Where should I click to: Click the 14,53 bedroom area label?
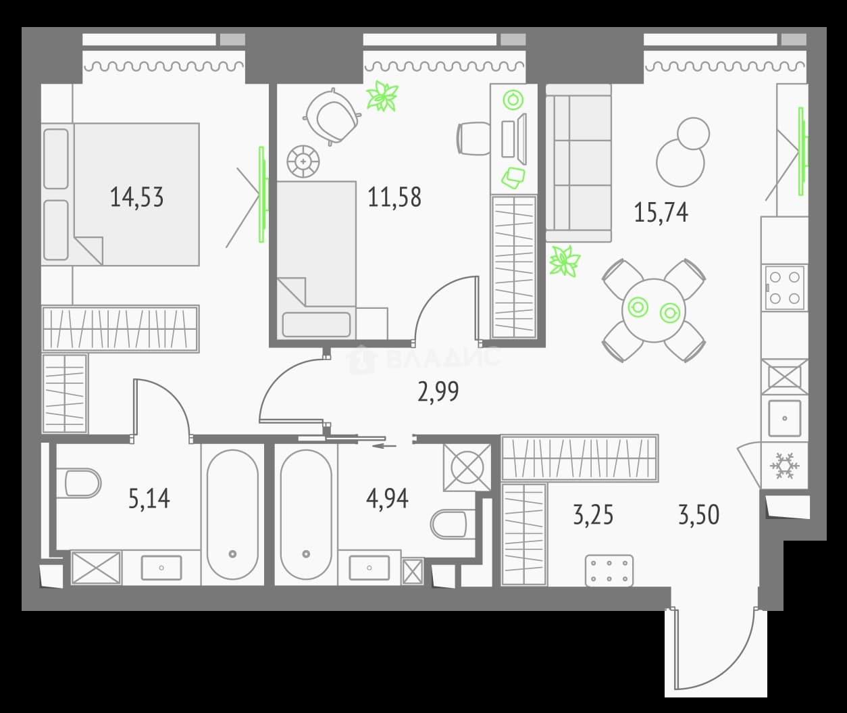pos(136,197)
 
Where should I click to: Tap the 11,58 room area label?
pos(394,197)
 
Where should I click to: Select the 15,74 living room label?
pos(661,212)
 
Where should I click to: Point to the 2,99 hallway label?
pos(438,391)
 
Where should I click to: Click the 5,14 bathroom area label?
pos(149,499)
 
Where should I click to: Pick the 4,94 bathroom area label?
pos(387,499)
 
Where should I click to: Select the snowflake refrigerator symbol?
pos(785,466)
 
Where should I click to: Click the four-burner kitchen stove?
pos(785,288)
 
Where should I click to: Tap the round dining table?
pos(654,310)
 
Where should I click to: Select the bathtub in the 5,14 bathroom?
pos(232,514)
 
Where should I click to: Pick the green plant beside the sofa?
pos(565,261)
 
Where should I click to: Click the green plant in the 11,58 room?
pos(382,96)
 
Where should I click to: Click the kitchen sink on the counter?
pos(785,418)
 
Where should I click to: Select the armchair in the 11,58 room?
pos(332,117)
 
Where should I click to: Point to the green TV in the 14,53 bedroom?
pos(263,195)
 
